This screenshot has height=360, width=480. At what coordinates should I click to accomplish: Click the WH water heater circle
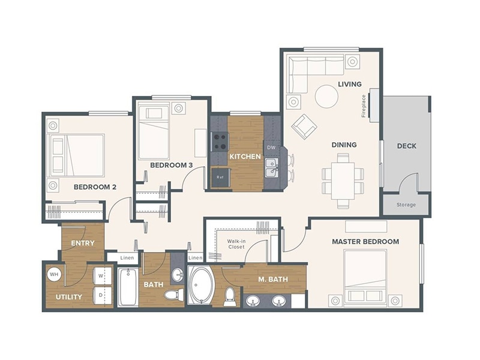55,275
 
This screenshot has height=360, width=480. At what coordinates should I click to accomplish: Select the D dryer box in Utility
100,295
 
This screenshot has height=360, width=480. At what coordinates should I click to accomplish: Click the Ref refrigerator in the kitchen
219,178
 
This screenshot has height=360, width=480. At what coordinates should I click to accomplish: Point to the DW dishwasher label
271,147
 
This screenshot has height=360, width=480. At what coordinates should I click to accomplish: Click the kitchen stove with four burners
220,142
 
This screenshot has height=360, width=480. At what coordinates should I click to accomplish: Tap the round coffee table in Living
326,97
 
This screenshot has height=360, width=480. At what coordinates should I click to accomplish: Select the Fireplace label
364,106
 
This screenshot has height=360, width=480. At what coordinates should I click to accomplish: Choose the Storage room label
406,205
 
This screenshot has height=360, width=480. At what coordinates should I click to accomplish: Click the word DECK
406,146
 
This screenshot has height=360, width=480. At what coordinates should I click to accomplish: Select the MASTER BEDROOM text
365,241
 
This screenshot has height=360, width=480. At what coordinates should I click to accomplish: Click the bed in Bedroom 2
78,155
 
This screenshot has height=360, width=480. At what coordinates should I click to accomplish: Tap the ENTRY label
83,243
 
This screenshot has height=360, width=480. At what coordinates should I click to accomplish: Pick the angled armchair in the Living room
304,127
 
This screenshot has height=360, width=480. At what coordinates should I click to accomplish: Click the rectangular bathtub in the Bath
128,287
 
